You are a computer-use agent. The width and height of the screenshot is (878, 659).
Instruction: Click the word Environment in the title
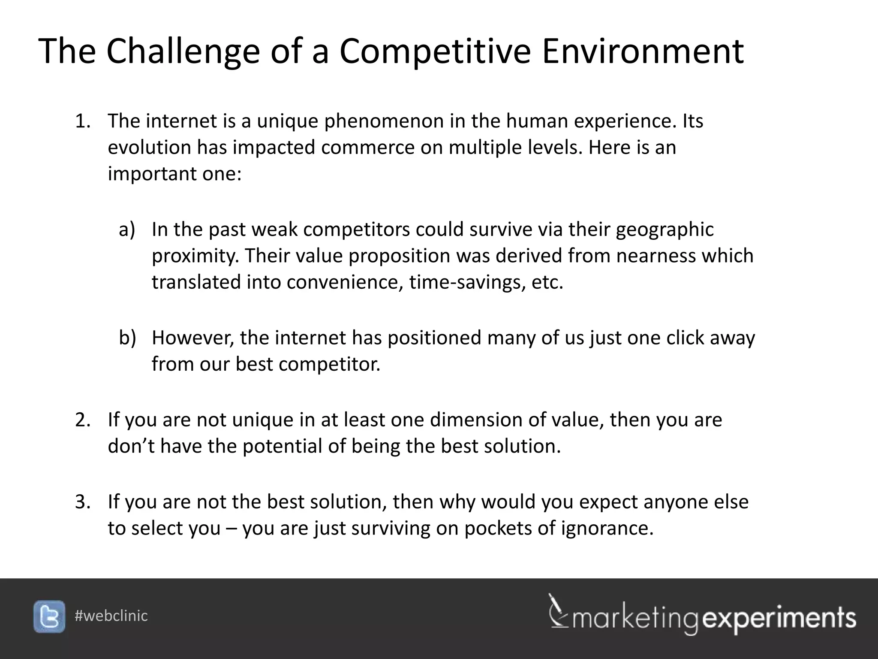pos(643,51)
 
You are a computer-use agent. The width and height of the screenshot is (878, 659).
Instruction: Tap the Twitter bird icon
pos(49,616)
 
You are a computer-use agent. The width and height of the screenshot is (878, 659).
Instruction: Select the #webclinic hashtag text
pos(111,616)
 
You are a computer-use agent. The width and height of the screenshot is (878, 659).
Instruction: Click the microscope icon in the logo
pos(557,611)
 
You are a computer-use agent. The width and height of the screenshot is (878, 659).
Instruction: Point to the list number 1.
pos(82,121)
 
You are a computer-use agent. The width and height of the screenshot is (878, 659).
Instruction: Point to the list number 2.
pos(82,420)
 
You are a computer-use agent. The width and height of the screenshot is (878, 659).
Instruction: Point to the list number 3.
pos(82,502)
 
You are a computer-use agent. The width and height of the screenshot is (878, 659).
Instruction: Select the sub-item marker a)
pos(127,230)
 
